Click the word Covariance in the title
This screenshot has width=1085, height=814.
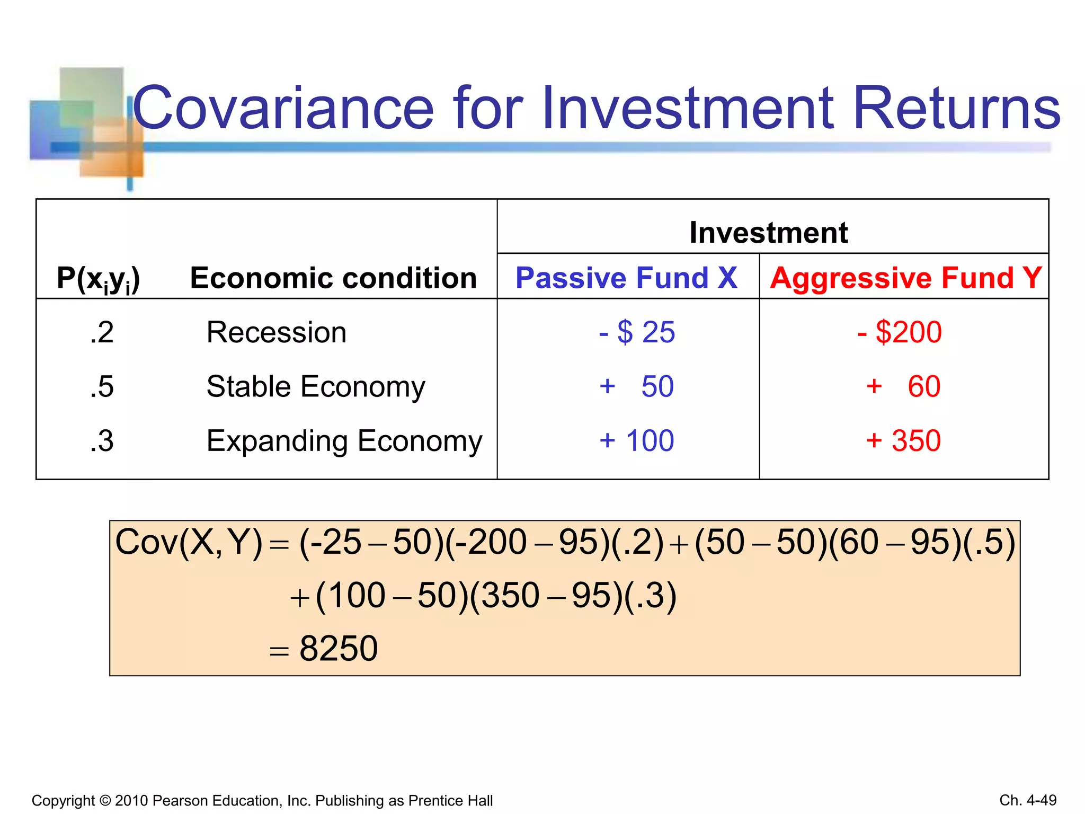click(283, 109)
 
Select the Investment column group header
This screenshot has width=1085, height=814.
click(768, 232)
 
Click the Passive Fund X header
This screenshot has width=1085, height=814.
click(626, 278)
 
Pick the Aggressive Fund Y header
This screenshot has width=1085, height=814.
click(905, 278)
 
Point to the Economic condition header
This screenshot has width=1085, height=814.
click(333, 278)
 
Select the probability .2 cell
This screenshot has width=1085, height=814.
click(102, 333)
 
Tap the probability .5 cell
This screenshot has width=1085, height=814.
click(102, 387)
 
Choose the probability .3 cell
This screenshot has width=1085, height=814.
click(102, 441)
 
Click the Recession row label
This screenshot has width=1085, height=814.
click(277, 333)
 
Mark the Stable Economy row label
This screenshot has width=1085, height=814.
click(316, 387)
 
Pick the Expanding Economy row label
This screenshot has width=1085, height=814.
click(344, 441)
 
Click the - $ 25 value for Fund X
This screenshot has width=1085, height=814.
click(637, 333)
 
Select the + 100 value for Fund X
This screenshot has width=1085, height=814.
click(637, 441)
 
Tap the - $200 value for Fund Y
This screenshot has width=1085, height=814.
click(900, 333)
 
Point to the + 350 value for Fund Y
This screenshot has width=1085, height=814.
click(903, 441)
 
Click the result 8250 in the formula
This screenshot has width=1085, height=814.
click(338, 649)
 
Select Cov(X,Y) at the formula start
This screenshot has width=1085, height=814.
click(189, 543)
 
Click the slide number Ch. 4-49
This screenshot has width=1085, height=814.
click(1028, 800)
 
